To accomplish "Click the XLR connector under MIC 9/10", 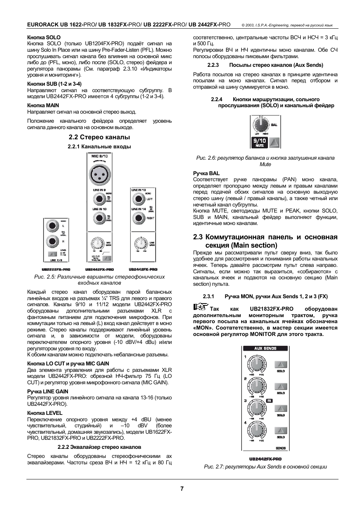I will tap(99, 174).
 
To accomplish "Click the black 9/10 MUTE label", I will tap(259, 142).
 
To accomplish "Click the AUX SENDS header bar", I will tap(265, 348).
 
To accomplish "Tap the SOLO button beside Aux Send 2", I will tap(280, 387).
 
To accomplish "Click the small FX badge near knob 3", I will tap(269, 401).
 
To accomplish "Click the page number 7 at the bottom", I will tap(182, 488).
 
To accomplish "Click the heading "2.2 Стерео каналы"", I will tap(99, 137).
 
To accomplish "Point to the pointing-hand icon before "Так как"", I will tap(200, 307).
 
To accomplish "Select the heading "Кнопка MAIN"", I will tap(43, 105).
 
